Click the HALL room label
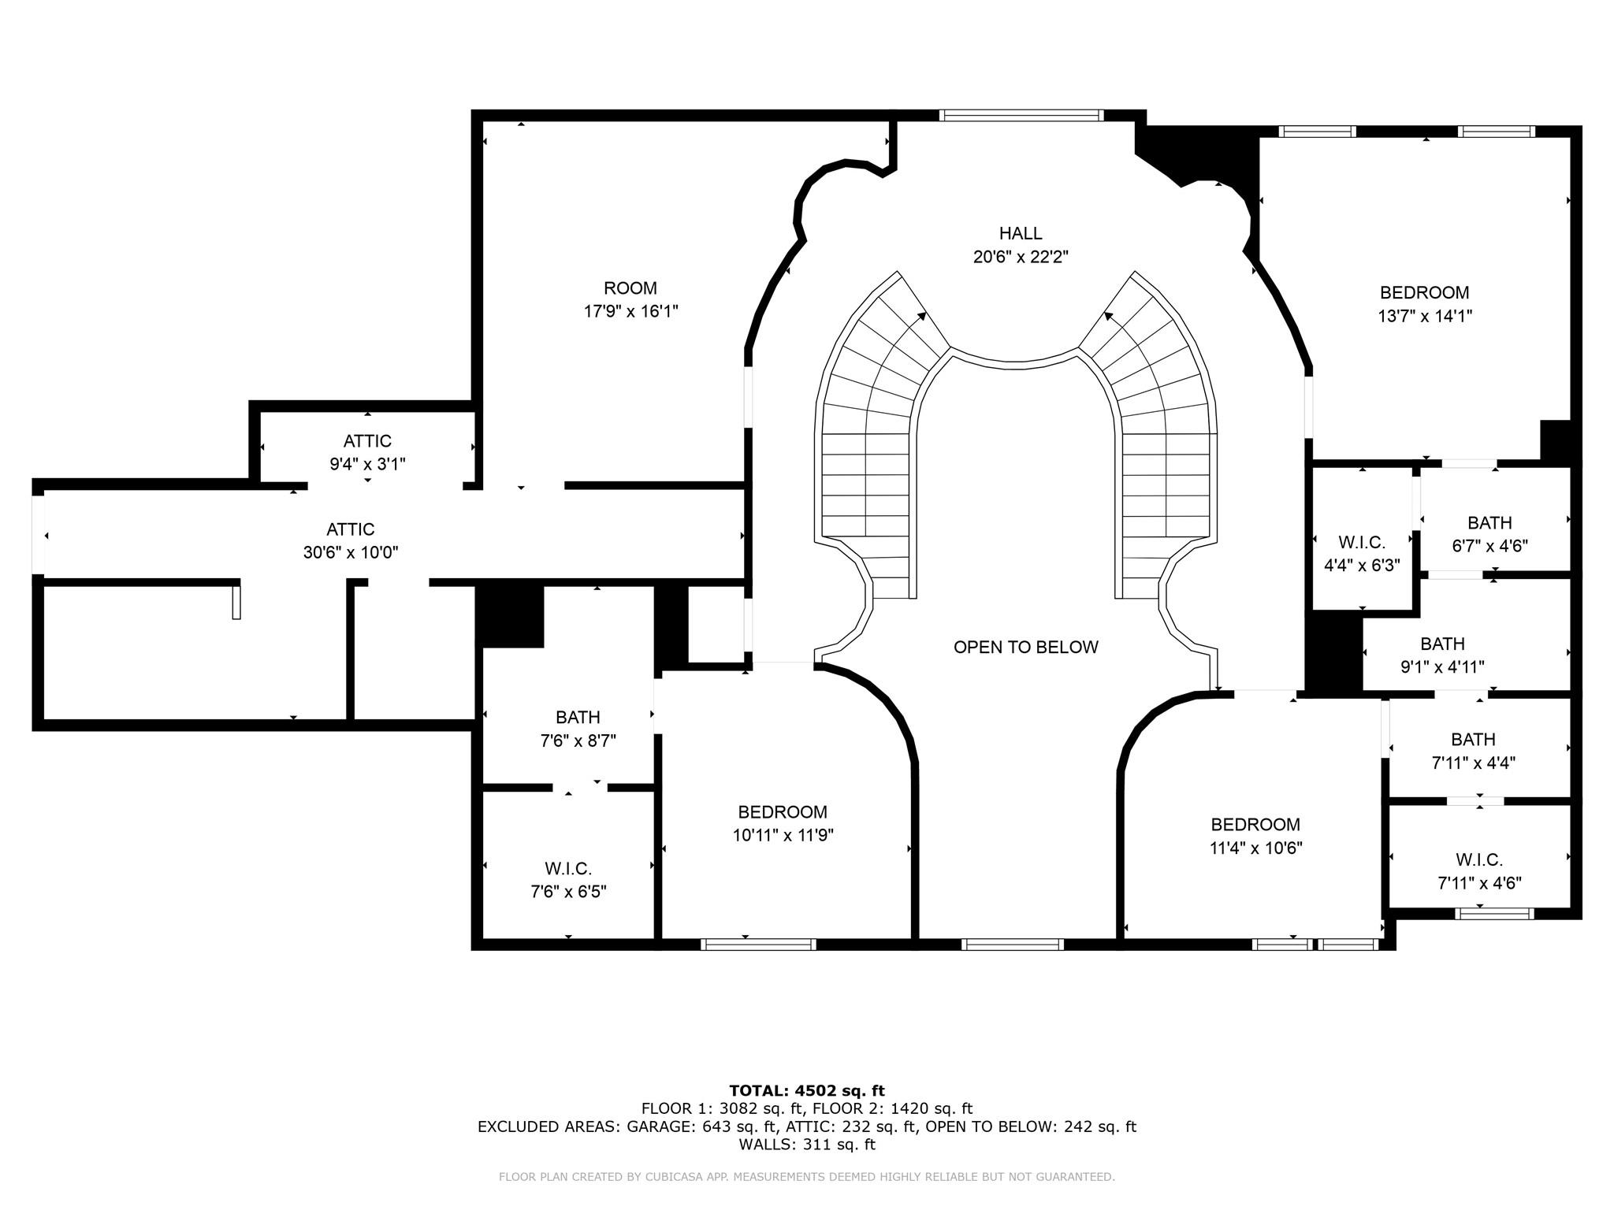(1021, 233)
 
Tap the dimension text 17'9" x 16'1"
(630, 312)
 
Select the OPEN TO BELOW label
(1025, 647)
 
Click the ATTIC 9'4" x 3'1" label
(367, 452)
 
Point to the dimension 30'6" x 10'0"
(351, 553)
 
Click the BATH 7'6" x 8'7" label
(578, 729)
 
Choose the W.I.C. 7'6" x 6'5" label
(567, 880)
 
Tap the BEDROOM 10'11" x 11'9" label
(783, 823)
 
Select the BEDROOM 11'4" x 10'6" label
(1255, 836)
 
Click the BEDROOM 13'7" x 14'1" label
(1424, 304)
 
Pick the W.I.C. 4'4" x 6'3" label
(1361, 554)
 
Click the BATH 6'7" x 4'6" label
(1489, 534)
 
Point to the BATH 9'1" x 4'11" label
(1442, 655)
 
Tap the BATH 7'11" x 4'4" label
(1473, 751)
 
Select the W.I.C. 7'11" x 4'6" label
(1479, 871)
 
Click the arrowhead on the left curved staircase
(921, 317)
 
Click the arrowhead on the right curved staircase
(1109, 317)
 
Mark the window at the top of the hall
(1021, 116)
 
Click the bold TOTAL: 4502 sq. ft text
(807, 1090)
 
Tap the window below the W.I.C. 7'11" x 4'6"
(1493, 914)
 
